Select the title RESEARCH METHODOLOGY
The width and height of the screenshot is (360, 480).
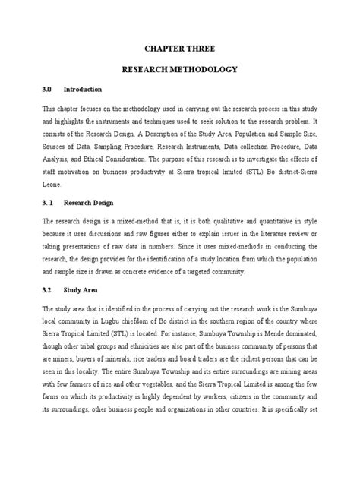pos(180,69)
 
